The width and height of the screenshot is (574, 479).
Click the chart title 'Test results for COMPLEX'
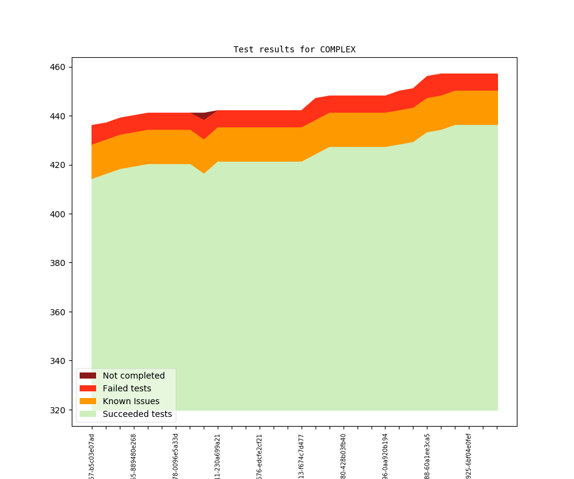[x=294, y=49]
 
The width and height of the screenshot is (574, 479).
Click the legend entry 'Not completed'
[x=133, y=376]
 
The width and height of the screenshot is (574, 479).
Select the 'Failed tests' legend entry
[x=126, y=388]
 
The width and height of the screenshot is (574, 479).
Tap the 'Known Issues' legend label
[x=131, y=401]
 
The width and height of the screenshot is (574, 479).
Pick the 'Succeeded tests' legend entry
[x=137, y=414]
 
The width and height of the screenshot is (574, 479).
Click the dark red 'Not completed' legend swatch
[x=88, y=376]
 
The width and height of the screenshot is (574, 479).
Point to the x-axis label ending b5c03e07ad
[x=92, y=456]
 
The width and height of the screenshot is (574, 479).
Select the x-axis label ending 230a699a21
[x=218, y=456]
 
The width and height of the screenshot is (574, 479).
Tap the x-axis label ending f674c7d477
[x=302, y=456]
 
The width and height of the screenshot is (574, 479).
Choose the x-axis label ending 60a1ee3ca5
[x=427, y=456]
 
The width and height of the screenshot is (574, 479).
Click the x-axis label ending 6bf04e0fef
[x=469, y=456]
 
